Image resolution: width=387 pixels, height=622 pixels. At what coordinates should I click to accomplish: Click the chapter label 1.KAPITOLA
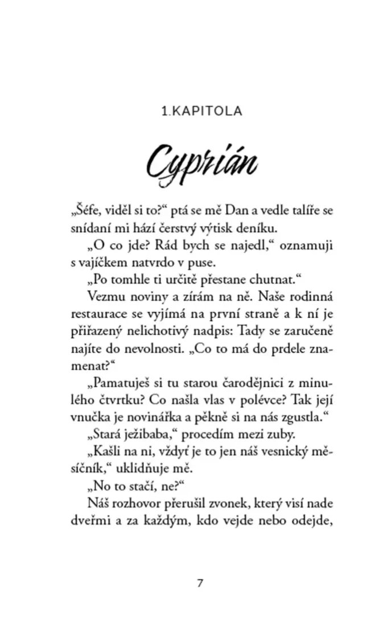202,111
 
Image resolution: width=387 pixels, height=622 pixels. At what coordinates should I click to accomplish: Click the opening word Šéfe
85,211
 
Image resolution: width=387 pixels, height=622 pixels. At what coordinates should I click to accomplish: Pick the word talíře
296,211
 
